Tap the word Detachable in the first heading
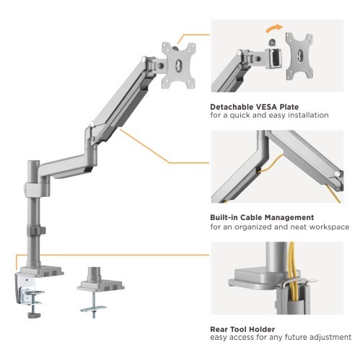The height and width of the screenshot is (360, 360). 232,107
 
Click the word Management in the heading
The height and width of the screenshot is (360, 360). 288,217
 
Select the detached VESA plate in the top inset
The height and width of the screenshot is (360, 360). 299,56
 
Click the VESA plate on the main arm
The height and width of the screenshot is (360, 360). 178,66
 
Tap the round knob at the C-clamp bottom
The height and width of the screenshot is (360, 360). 34,315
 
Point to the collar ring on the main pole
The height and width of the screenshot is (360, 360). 36,231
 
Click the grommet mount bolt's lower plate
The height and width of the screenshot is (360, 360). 93,309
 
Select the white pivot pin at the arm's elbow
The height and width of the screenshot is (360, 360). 92,124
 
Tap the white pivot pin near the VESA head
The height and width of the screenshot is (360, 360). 144,58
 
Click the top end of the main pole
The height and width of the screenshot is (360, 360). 34,162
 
